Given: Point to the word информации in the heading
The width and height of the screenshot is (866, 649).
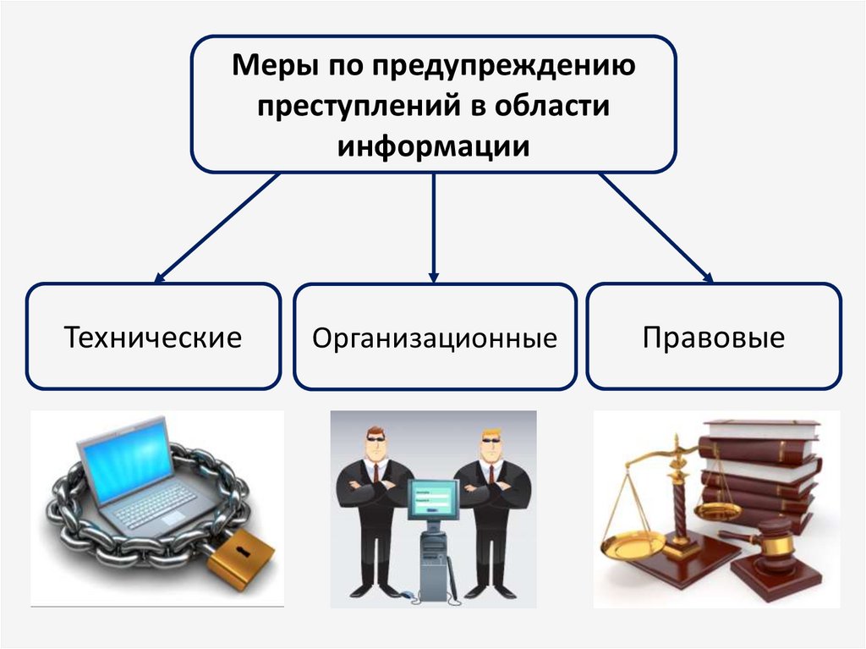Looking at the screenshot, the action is click(x=434, y=146).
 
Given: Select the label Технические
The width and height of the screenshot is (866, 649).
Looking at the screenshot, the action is click(x=153, y=338).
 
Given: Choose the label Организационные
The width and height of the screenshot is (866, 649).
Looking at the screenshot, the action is click(x=435, y=338).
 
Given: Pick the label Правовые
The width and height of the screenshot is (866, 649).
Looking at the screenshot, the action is click(x=714, y=338).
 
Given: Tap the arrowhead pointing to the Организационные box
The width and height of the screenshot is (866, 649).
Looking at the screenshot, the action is click(x=434, y=277).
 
